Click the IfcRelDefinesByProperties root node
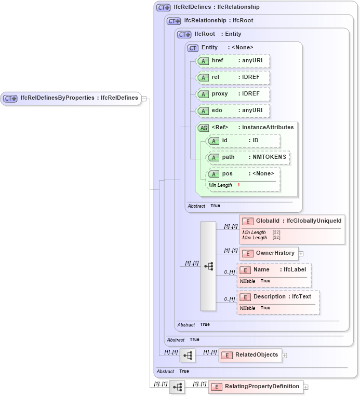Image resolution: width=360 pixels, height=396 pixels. [x=71, y=98]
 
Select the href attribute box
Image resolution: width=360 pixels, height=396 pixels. [x=233, y=61]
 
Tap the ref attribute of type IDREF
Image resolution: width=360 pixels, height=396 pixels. [x=233, y=77]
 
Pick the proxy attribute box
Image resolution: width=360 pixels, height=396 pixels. [x=233, y=94]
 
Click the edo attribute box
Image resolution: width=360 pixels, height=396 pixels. [x=233, y=111]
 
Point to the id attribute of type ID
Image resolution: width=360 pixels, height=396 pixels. [x=243, y=141]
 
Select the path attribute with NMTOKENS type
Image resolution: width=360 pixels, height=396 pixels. [x=248, y=157]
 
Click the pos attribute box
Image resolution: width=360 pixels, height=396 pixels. [x=243, y=174]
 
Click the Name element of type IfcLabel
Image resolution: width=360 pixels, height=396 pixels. [x=274, y=270]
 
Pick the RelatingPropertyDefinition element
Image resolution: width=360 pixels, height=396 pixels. [x=256, y=387]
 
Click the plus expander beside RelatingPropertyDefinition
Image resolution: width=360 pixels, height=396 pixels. [x=306, y=387]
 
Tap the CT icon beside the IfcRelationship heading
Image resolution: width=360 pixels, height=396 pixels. [x=174, y=21]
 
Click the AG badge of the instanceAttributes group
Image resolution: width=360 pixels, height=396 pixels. [x=203, y=128]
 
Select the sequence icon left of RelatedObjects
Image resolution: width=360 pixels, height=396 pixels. [x=188, y=356]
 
